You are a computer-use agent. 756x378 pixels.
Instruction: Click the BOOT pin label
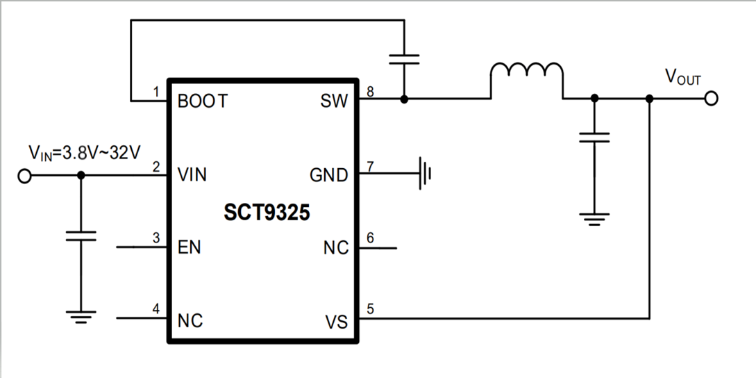pos(202,101)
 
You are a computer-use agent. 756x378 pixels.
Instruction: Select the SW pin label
pos(335,101)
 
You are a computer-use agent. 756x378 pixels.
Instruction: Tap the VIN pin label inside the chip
pos(192,175)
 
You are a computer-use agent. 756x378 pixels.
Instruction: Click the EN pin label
pos(189,247)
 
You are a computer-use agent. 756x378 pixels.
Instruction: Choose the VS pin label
pos(337,322)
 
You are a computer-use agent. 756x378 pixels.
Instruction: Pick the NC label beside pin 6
pos(336,247)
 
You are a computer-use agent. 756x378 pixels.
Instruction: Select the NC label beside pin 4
pos(190,321)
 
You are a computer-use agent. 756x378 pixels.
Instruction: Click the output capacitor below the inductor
pos(594,136)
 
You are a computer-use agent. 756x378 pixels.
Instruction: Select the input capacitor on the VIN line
pos(81,235)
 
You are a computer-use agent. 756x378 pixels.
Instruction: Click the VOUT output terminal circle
pos(709,99)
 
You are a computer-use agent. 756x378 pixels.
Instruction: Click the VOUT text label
pos(683,77)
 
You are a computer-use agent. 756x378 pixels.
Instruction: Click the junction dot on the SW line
pos(405,99)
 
